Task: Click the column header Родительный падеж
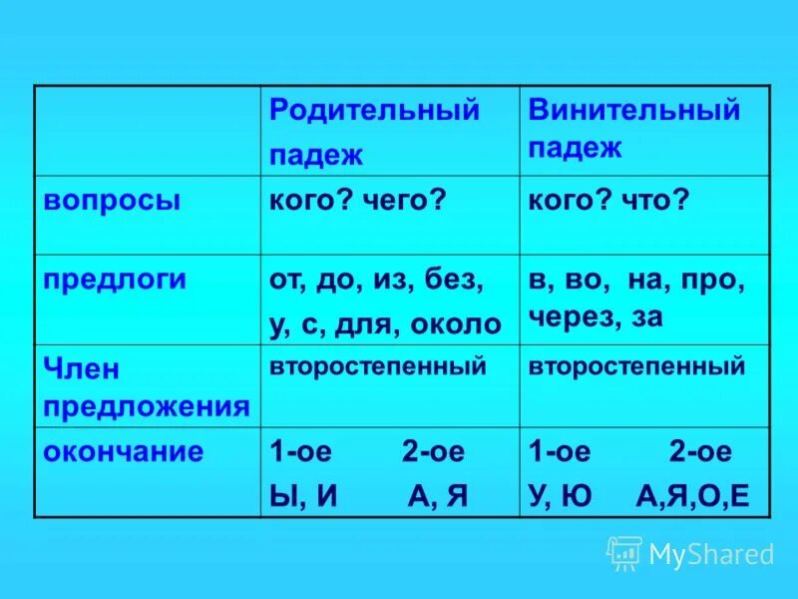[x=374, y=131]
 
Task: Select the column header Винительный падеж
[x=634, y=128]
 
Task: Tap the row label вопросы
[x=112, y=200]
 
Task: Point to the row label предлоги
[x=115, y=280]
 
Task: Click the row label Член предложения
[x=146, y=387]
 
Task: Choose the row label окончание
[x=124, y=451]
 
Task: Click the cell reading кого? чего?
[x=356, y=201]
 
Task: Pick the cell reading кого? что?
[x=608, y=201]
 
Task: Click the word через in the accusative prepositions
[x=569, y=316]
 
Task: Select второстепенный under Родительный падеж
[x=377, y=366]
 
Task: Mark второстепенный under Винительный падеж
[x=636, y=366]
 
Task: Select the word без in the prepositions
[x=457, y=281]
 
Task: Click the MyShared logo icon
[x=624, y=553]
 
